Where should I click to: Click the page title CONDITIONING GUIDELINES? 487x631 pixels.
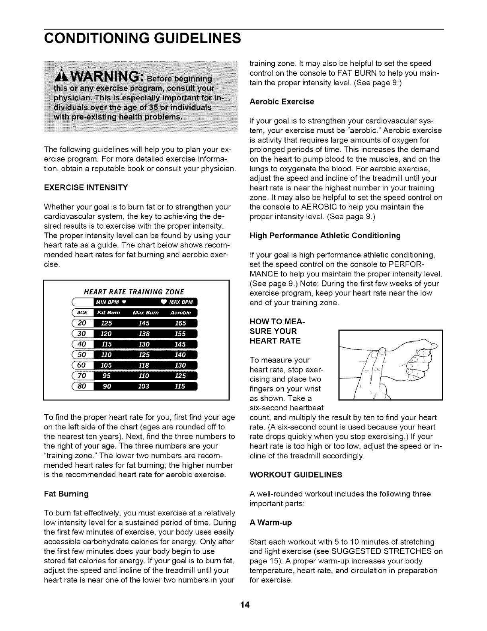pos(142,39)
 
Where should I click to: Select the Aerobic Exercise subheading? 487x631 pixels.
pos(282,102)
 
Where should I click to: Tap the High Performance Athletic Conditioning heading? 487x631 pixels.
pos(325,235)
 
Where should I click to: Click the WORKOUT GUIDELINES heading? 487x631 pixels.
pos(296,475)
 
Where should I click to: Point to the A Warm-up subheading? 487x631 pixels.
pos(271,523)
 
